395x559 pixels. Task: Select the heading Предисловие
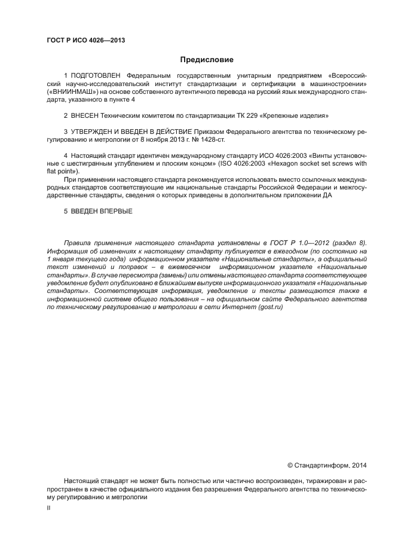(x=207, y=60)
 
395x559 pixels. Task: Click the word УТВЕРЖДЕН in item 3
(x=94, y=130)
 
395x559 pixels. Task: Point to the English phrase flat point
(x=61, y=171)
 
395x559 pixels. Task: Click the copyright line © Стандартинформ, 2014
(x=327, y=465)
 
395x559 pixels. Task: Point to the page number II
(x=49, y=507)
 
